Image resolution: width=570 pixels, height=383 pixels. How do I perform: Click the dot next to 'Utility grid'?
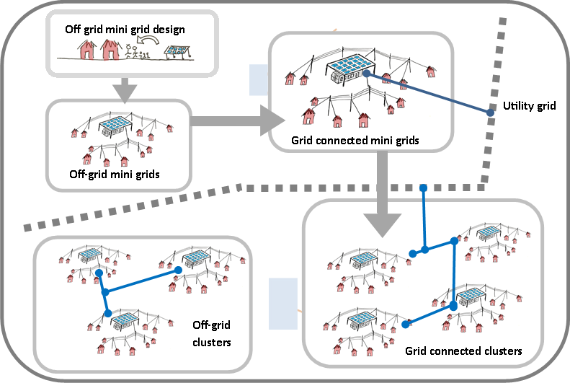pyautogui.click(x=490, y=113)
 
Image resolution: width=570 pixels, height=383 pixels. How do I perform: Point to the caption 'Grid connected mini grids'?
pyautogui.click(x=355, y=140)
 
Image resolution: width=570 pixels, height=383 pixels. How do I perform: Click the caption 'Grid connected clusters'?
pyautogui.click(x=463, y=351)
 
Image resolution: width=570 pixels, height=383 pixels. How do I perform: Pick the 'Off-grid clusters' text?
pyautogui.click(x=212, y=333)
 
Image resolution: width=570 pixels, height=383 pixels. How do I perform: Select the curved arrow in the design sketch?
pyautogui.click(x=151, y=44)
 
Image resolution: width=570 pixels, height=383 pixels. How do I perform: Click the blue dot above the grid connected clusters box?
pyautogui.click(x=424, y=188)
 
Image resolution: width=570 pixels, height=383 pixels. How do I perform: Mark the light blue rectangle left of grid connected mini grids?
pyautogui.click(x=258, y=80)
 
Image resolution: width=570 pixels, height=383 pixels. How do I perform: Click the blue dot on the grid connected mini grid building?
pyautogui.click(x=367, y=74)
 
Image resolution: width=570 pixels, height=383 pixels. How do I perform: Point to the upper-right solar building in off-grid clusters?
pyautogui.click(x=195, y=257)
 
